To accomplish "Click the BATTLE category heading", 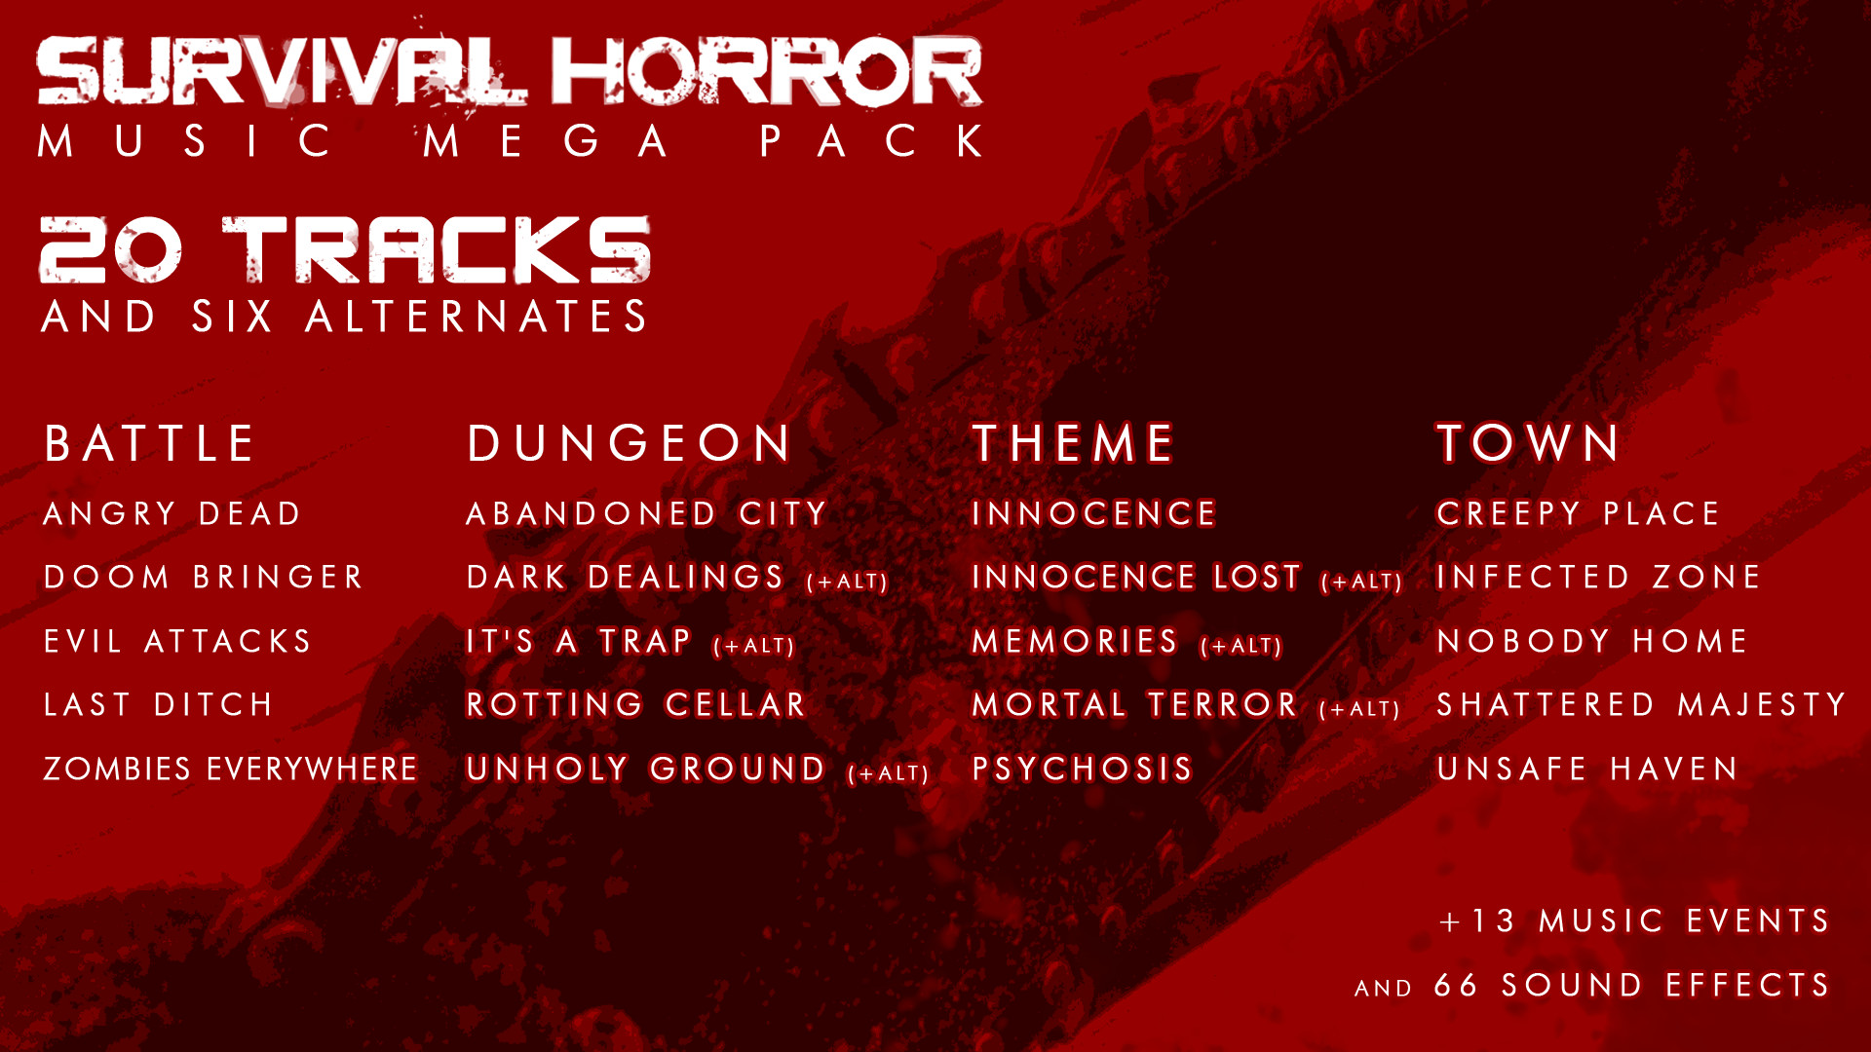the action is tap(149, 444).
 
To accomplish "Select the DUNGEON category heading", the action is tap(630, 444).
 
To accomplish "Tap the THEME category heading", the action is tap(1074, 444).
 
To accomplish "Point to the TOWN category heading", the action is tap(1529, 444).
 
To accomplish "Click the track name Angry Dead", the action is tap(172, 513).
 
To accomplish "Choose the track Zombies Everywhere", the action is tap(231, 769).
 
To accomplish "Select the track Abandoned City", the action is tap(647, 513).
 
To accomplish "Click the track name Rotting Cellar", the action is tap(636, 704).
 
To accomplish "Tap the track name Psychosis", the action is tap(1083, 769).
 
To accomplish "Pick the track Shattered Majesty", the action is tap(1642, 704).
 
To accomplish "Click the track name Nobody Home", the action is tap(1592, 641).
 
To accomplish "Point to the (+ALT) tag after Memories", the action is tap(1241, 646).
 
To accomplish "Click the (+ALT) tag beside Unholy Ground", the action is tap(889, 773).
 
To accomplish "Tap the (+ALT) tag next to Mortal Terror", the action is tap(1359, 709).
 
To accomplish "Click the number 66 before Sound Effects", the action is tap(1457, 985).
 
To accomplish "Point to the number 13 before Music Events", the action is tap(1493, 921).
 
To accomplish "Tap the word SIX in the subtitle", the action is tap(232, 317).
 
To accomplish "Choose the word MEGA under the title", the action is tap(547, 141).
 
